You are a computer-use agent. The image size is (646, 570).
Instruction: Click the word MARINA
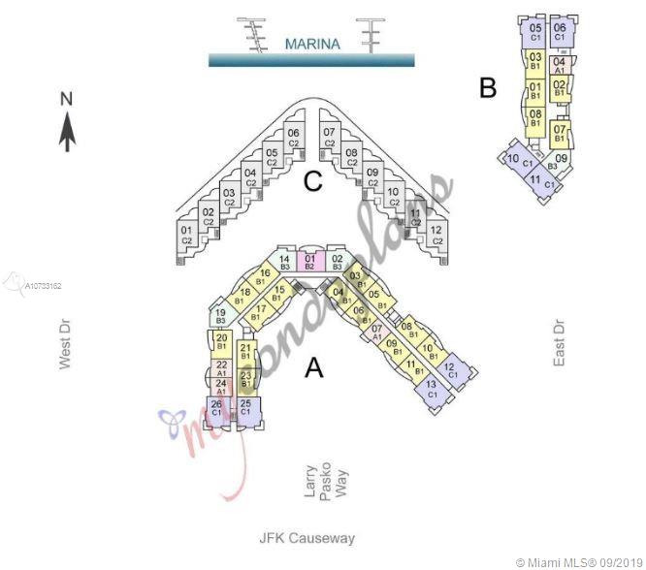coord(312,44)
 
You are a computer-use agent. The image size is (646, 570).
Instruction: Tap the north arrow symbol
coord(67,122)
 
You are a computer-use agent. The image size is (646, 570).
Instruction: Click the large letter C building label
coord(312,181)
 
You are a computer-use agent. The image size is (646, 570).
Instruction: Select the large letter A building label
coord(313,367)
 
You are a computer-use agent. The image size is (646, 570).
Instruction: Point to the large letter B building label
coord(488,88)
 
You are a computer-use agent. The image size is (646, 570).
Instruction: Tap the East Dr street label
coord(559,342)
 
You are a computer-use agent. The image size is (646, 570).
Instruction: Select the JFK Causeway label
coord(307,538)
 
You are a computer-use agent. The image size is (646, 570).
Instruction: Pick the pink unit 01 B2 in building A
coord(310,262)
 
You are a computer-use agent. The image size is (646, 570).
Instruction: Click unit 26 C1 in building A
coord(216,408)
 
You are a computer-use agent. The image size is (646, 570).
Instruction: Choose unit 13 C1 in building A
coord(432,390)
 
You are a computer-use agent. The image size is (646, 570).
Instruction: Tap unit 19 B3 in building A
coord(220,316)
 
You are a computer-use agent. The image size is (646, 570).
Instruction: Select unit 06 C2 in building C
coord(293,138)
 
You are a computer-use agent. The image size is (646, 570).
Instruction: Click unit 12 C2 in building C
coord(436,235)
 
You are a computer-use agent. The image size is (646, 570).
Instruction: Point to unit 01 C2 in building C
coord(186,235)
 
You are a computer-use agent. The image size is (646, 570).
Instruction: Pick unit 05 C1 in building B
coord(535,32)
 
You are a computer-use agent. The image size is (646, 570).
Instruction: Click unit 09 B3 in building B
coord(562,163)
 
